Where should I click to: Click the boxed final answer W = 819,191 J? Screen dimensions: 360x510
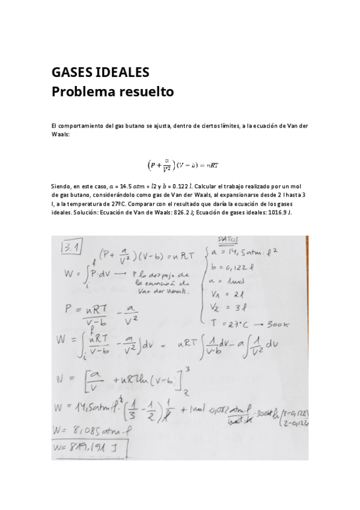tap(98, 446)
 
